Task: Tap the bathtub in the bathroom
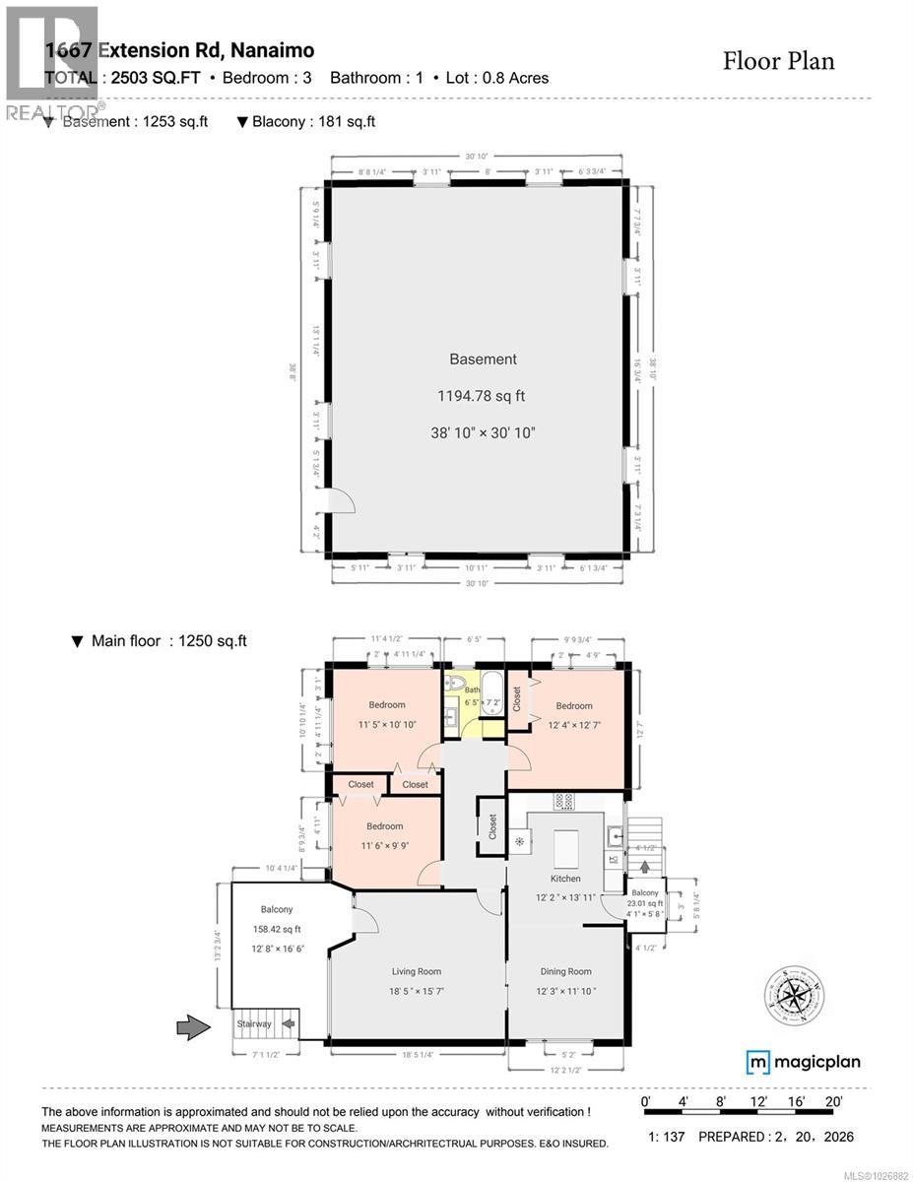[x=492, y=693]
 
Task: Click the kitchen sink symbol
[x=615, y=836]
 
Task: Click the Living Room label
[x=416, y=971]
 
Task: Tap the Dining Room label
[x=565, y=971]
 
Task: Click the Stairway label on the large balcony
[x=253, y=1023]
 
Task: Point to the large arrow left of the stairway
[x=193, y=1028]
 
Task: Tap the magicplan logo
[x=803, y=1062]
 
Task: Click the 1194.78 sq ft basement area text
[x=482, y=396]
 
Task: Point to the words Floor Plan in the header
[x=778, y=61]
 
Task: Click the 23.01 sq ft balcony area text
[x=646, y=903]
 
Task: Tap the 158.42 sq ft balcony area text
[x=277, y=928]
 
